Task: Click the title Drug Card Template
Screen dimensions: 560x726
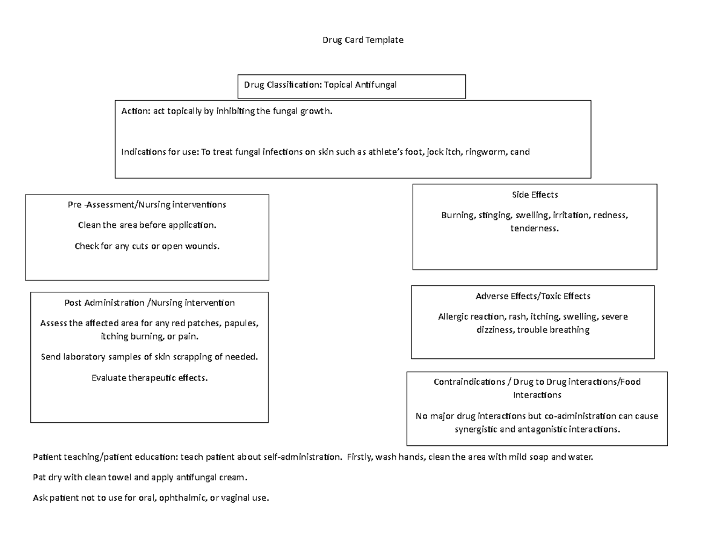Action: (362, 40)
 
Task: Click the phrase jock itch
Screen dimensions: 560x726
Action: (443, 152)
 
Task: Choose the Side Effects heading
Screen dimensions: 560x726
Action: (534, 195)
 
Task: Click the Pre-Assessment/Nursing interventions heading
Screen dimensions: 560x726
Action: (146, 204)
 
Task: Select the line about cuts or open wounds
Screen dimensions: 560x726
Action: (146, 246)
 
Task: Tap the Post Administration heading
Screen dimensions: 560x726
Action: (149, 302)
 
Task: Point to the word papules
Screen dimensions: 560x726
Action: (241, 323)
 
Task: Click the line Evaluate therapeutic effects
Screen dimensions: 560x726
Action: (149, 378)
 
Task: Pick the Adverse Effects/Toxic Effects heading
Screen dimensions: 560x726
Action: (533, 296)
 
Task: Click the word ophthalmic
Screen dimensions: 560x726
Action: (181, 498)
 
